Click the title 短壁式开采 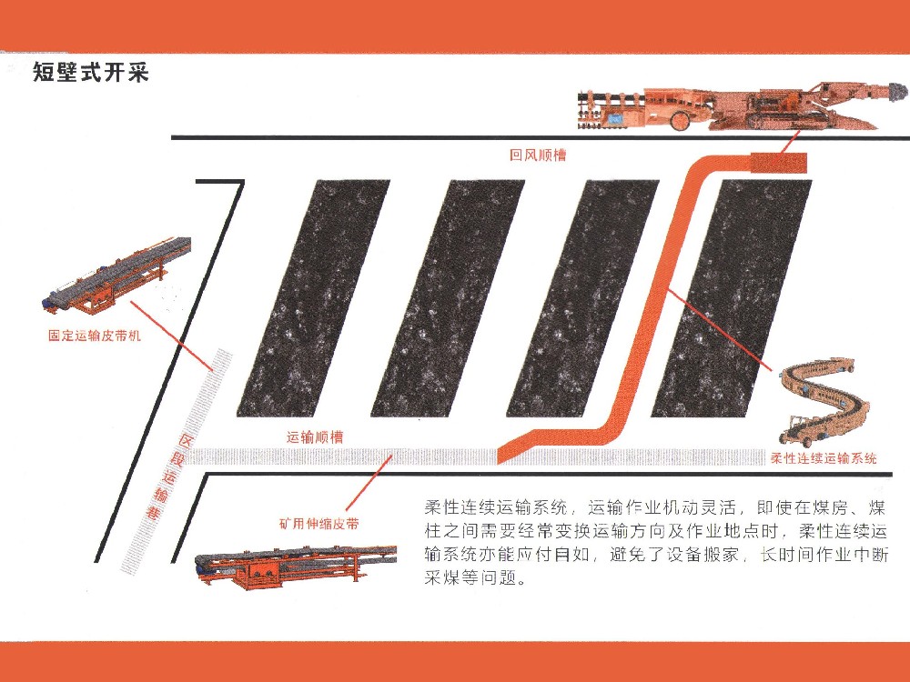[x=90, y=74]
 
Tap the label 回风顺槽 [x=538, y=155]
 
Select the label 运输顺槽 [x=315, y=436]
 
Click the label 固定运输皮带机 [x=95, y=335]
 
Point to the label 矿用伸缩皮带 [x=318, y=525]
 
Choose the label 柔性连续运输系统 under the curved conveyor [x=824, y=459]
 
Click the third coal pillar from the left [x=581, y=297]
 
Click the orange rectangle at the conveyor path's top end [x=779, y=163]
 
